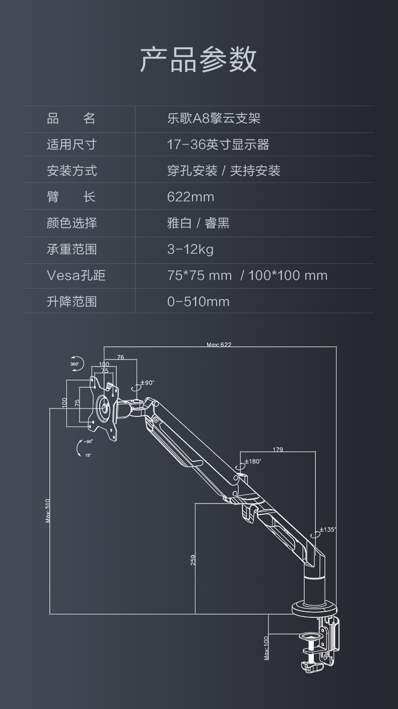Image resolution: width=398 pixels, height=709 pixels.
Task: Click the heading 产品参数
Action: coord(198,59)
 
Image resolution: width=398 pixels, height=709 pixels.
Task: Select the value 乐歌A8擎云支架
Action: coord(214,119)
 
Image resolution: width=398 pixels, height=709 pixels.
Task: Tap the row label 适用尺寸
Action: coord(72,145)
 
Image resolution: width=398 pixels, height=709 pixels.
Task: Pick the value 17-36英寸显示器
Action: coord(218,145)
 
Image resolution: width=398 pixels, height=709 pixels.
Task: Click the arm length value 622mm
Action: coord(190,197)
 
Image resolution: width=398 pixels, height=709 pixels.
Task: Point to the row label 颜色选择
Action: coord(72,223)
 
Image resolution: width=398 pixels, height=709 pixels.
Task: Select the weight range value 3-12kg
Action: coord(190,249)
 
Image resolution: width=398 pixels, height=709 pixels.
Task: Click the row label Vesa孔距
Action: coord(76,275)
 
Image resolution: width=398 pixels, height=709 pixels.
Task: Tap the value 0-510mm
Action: coord(198,301)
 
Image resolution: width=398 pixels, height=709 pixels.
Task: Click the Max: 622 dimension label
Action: coord(219,344)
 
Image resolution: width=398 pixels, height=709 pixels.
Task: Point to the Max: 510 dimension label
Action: coord(47,511)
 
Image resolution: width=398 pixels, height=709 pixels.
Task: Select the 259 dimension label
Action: coord(193,560)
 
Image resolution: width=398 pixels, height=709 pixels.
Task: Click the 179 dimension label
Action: coord(278,450)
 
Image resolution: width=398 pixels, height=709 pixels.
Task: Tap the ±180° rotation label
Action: coord(253,461)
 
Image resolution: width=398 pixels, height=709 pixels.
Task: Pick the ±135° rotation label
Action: coord(328,530)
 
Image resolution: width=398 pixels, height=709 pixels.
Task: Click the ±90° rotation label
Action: coord(147,383)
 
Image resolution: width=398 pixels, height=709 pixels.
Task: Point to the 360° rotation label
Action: coord(75,364)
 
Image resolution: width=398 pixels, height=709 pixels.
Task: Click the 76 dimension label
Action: coord(120,358)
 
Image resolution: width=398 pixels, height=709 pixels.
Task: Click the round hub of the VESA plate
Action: coord(103,408)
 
